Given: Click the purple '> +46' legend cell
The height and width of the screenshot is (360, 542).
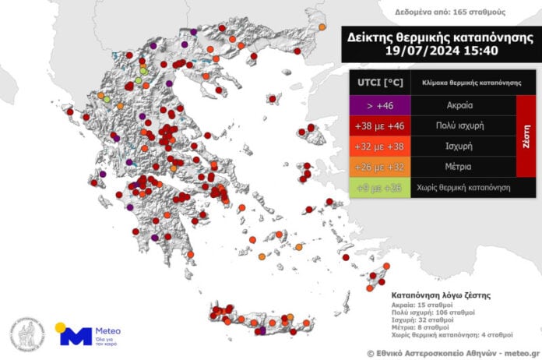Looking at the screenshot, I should coord(379,103).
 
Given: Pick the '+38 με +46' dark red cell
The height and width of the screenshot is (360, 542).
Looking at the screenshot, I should coord(379,125).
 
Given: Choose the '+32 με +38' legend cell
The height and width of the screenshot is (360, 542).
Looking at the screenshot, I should coord(379,146).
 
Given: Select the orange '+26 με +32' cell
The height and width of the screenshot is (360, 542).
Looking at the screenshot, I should coord(379,167).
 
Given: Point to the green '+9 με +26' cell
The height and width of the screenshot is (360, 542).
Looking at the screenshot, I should coord(379,188).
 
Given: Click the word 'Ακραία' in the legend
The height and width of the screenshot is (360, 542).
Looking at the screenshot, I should coord(463,103).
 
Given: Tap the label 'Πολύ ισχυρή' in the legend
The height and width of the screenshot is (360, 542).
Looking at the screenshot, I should coord(463,125).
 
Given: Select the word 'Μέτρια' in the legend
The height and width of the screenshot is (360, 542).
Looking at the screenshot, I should coord(463,167).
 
